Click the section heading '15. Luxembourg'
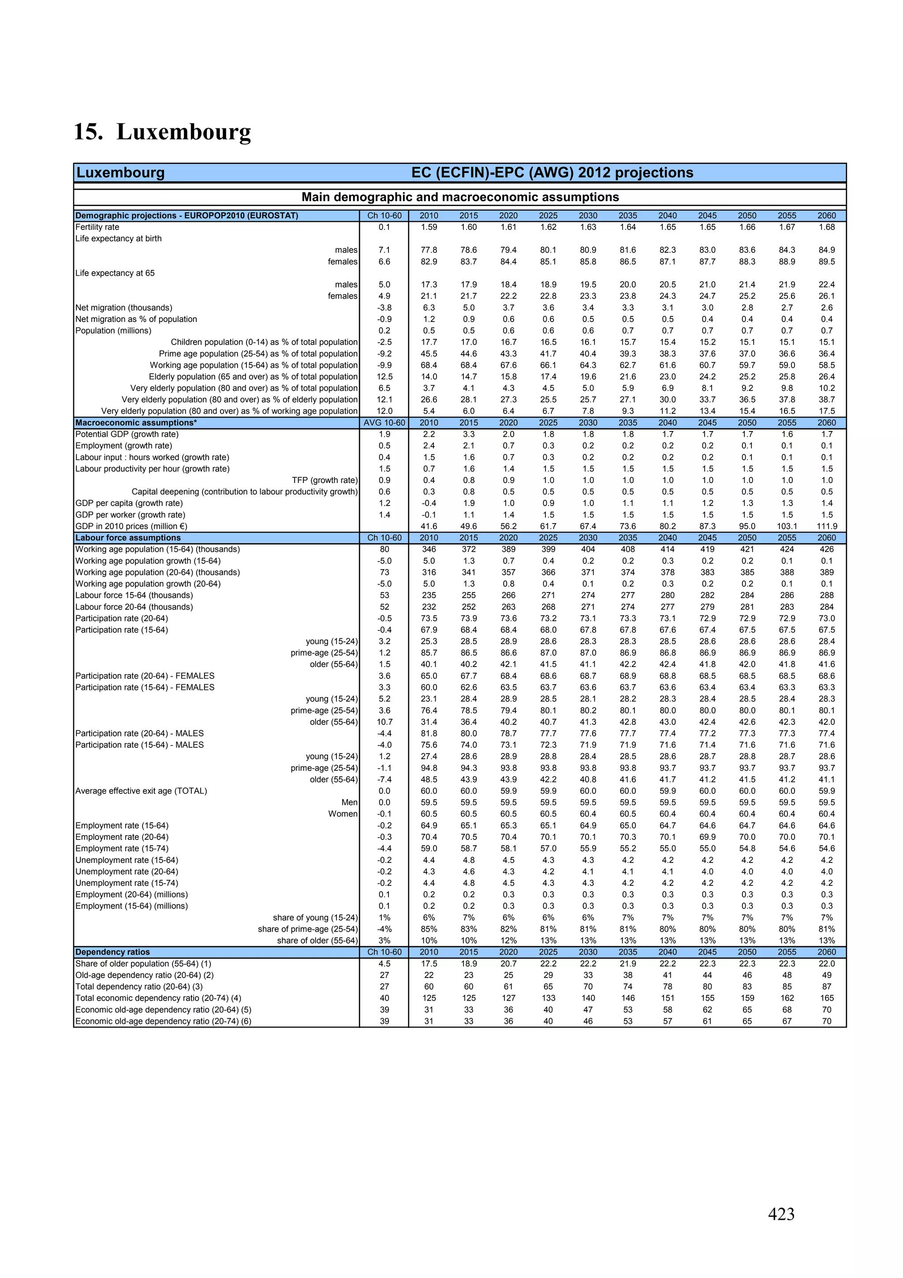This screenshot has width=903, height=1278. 162,132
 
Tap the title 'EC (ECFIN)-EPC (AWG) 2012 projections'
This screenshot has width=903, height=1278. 552,172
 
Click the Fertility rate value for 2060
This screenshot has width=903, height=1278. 826,227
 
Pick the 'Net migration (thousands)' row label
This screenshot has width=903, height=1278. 124,308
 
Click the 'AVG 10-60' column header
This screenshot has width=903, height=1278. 384,423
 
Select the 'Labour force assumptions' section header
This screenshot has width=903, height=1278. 128,538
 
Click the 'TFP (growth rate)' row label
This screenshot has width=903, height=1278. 325,480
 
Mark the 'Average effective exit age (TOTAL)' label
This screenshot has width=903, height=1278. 142,791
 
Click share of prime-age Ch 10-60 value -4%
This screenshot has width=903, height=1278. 384,929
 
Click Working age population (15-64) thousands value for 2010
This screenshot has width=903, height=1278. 429,549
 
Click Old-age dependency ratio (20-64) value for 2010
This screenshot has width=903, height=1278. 429,976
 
